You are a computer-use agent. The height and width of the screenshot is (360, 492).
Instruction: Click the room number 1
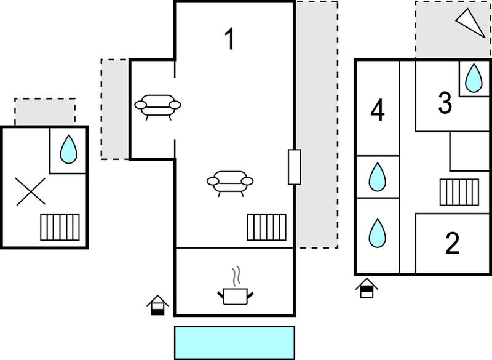click(230, 39)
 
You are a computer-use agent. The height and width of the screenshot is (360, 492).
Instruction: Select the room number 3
click(445, 103)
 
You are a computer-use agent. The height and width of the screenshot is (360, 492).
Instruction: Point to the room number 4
click(378, 110)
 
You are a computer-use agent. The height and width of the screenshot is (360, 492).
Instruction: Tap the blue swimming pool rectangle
click(234, 343)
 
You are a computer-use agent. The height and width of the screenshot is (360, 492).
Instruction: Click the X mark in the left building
click(30, 191)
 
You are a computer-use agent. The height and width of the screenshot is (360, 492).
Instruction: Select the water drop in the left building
click(68, 150)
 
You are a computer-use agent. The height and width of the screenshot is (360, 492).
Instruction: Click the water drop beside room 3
click(474, 78)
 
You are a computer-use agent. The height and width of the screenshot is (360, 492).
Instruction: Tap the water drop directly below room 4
click(377, 177)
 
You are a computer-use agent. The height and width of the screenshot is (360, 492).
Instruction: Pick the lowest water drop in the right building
click(377, 233)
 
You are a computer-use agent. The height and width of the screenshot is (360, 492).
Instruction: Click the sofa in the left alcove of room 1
click(157, 107)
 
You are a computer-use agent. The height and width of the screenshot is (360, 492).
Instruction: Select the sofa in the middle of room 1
click(230, 183)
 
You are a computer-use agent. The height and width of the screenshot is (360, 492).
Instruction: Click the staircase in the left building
click(60, 227)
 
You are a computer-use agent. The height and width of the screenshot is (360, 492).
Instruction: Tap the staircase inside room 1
click(267, 227)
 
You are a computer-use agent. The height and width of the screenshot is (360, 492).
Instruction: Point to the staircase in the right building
click(459, 193)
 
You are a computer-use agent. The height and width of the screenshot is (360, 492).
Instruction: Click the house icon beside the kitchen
click(158, 305)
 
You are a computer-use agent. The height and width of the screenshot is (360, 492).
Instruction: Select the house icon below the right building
click(367, 288)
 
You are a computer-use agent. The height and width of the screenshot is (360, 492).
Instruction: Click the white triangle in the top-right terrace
click(470, 23)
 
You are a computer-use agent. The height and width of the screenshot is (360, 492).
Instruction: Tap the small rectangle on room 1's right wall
click(295, 167)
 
